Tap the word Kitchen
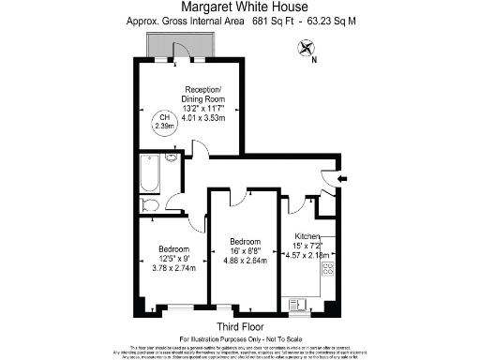[308, 235]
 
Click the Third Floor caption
[239, 326]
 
